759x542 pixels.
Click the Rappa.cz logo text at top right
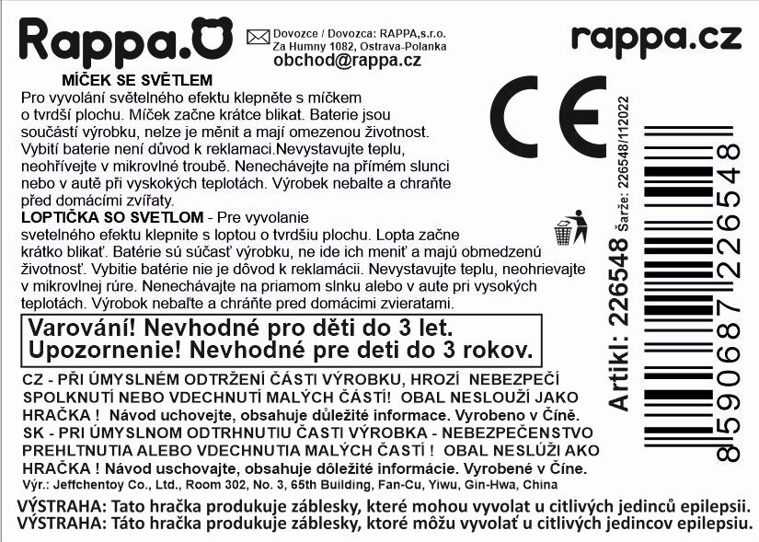(655, 38)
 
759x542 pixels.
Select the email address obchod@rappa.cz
(347, 61)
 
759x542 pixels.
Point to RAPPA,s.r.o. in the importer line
(411, 32)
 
